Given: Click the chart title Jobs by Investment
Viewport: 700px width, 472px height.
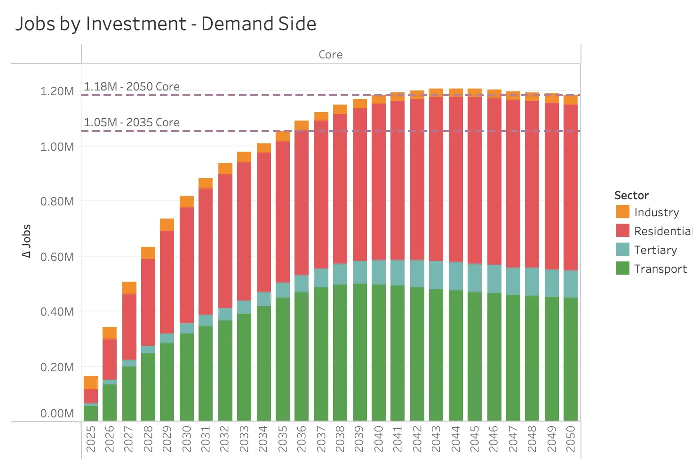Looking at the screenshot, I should tap(166, 24).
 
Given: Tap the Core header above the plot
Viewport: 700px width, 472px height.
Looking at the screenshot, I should tap(330, 55).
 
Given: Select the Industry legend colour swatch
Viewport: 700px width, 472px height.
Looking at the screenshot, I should tap(622, 212).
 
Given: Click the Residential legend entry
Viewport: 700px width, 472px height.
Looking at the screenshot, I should tap(662, 231).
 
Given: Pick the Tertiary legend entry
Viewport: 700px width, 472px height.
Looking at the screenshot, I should tap(655, 250).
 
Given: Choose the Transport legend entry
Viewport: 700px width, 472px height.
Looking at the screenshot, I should tap(660, 269).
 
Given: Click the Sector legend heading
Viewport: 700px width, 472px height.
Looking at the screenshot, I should tap(631, 195).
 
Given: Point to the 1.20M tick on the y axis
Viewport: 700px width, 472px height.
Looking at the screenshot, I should tap(57, 91).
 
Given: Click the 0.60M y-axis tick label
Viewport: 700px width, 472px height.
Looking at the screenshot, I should tap(57, 257).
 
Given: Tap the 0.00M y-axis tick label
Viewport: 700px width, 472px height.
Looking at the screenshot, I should tap(57, 414).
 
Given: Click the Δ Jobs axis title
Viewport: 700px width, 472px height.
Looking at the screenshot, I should tap(27, 241).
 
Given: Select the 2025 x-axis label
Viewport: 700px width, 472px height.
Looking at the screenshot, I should tap(91, 439).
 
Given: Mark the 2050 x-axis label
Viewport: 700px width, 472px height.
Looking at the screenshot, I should tap(571, 439).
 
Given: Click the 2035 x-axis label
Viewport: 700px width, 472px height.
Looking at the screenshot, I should tap(283, 439).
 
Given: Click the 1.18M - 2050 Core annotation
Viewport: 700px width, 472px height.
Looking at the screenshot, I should tap(132, 87).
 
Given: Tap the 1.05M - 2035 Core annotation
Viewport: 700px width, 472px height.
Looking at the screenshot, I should tap(132, 122).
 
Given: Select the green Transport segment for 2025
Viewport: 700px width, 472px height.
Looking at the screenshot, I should tap(91, 413).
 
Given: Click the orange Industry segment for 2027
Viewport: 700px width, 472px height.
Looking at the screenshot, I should tap(129, 288).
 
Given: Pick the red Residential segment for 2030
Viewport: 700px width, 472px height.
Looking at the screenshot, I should tap(187, 265).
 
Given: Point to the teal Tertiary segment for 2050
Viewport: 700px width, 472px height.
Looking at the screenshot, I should tap(571, 284).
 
